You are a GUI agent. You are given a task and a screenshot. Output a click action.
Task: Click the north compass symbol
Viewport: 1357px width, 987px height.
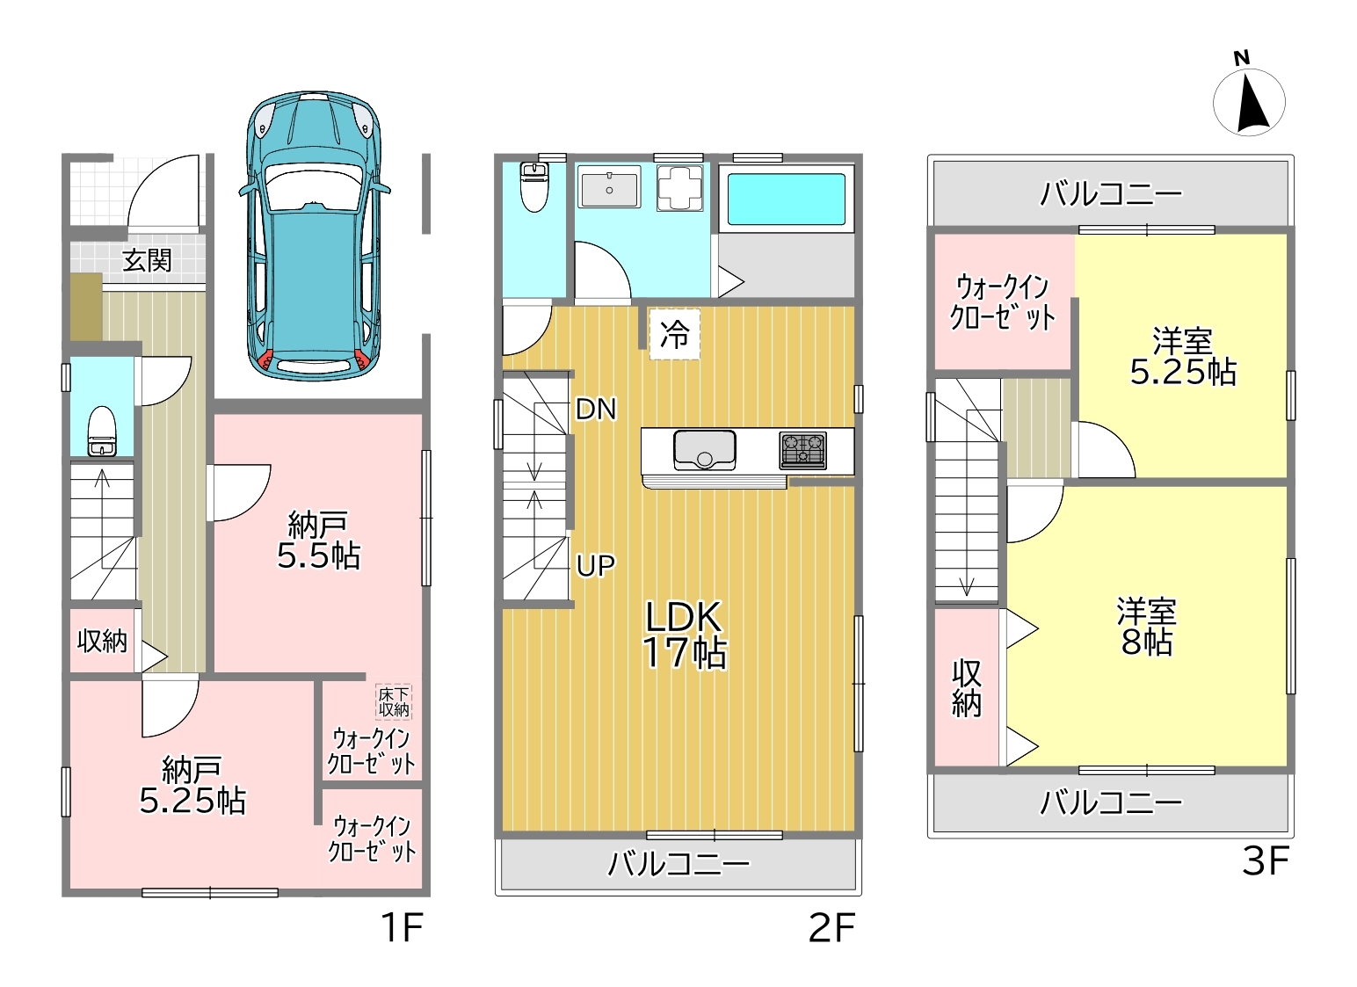click(x=1249, y=103)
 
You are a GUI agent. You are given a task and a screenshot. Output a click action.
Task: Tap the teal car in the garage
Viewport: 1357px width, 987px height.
click(x=314, y=236)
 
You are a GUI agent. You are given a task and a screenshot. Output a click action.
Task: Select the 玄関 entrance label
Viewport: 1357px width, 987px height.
click(x=147, y=260)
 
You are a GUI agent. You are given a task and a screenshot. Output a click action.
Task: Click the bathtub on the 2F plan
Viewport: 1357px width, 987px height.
click(x=787, y=200)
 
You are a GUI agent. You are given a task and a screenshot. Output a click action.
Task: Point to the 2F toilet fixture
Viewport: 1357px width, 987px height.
click(x=534, y=187)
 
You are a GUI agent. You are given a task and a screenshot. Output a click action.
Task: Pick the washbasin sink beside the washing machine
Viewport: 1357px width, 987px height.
click(x=609, y=187)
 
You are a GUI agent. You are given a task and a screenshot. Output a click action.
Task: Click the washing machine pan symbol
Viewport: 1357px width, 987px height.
click(x=680, y=188)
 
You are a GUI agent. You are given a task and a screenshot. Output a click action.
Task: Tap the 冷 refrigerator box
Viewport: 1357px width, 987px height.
click(x=675, y=334)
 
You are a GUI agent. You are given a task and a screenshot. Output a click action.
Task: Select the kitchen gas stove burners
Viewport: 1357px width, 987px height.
click(x=802, y=450)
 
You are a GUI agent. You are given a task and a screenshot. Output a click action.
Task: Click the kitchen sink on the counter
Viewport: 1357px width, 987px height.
click(x=705, y=450)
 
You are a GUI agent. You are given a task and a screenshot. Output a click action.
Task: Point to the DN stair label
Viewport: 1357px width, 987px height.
click(x=596, y=410)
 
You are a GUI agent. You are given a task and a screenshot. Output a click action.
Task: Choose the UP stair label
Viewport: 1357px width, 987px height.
click(x=596, y=565)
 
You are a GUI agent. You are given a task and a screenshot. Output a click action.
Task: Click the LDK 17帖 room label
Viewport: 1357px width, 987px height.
click(x=684, y=635)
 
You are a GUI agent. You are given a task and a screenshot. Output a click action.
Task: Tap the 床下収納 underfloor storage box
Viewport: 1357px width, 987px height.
click(x=394, y=702)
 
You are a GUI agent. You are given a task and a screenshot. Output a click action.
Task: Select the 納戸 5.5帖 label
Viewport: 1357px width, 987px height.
click(x=318, y=541)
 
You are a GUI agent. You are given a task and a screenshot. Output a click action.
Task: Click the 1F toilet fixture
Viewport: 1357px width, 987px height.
click(x=102, y=431)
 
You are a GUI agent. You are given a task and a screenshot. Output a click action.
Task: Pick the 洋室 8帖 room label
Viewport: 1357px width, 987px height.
click(x=1147, y=628)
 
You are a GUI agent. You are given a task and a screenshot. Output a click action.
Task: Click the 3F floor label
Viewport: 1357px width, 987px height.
click(x=1265, y=860)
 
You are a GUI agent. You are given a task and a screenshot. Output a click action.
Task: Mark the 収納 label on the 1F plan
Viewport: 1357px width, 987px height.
click(x=102, y=641)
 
